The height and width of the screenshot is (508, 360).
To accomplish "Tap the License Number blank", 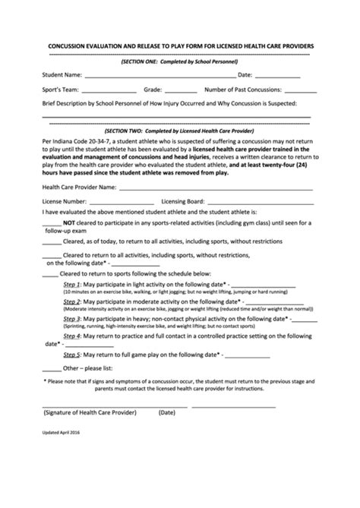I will [117, 201].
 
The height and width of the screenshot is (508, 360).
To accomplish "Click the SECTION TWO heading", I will [179, 131].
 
